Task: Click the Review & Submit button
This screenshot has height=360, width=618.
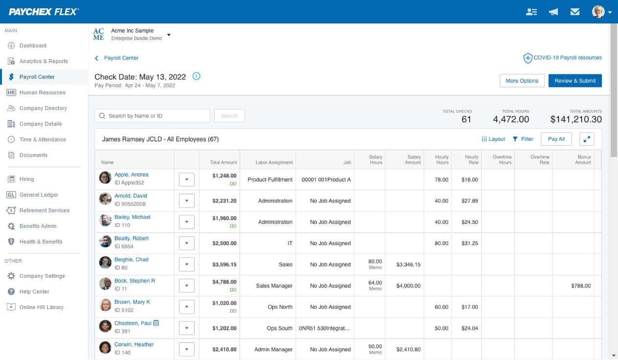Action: pos(575,81)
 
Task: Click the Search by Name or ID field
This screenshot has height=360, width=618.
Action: pos(152,116)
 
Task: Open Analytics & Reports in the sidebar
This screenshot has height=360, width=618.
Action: pos(44,61)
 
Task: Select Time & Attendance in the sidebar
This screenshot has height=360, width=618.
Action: pos(43,139)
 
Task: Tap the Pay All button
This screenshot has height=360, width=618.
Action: pos(556,139)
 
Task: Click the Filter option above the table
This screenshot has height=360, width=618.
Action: pos(523,139)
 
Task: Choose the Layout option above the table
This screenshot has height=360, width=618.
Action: pos(493,139)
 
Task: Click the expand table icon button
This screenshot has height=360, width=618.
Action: pos(587,139)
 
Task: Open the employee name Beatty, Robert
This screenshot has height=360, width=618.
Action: pos(132,238)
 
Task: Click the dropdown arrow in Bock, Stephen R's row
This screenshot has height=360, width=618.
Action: pos(187,286)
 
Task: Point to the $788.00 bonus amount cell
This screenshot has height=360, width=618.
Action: pos(580,286)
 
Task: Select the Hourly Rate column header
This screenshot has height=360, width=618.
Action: pos(471,159)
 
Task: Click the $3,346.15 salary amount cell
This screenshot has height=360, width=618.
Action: pos(408,265)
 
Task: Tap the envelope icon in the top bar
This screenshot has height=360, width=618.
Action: pos(575,12)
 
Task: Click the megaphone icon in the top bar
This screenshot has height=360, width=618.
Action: pos(553,12)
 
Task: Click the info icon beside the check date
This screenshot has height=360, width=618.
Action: pos(197,76)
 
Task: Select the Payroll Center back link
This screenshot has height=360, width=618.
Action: pos(121,58)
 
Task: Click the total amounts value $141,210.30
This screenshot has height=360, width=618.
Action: pos(575,119)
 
